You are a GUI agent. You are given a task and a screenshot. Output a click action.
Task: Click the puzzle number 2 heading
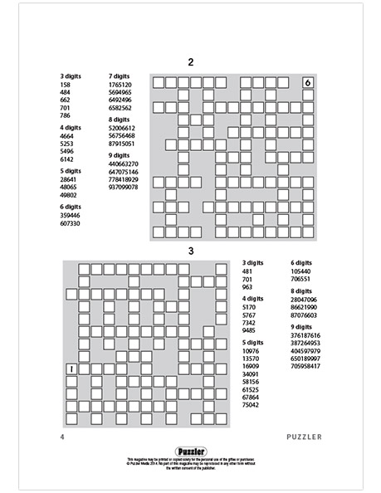pyautogui.click(x=191, y=62)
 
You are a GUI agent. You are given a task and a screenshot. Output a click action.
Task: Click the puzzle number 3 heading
pyautogui.click(x=190, y=250)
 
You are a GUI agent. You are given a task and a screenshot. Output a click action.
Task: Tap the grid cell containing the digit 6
pyautogui.click(x=307, y=83)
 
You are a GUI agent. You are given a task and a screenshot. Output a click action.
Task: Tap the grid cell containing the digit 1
pyautogui.click(x=71, y=369)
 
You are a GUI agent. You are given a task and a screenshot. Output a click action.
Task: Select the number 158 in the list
pyautogui.click(x=66, y=85)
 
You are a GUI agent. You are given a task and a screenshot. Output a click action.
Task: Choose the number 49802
pyautogui.click(x=69, y=195)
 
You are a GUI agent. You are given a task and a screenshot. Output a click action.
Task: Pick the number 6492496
pyautogui.click(x=120, y=100)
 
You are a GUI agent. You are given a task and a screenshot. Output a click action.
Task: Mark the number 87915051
pyautogui.click(x=121, y=143)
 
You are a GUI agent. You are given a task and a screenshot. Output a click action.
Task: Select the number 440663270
pyautogui.click(x=123, y=164)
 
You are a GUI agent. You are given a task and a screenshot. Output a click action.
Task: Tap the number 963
pyautogui.click(x=247, y=286)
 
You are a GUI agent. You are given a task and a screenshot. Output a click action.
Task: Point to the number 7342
pyautogui.click(x=249, y=322)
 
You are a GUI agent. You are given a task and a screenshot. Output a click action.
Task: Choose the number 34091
pyautogui.click(x=251, y=373)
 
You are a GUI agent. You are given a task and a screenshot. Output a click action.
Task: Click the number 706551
pyautogui.click(x=300, y=279)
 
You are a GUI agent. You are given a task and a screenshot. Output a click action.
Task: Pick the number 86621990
pyautogui.click(x=304, y=307)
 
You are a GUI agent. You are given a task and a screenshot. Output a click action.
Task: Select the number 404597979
pyautogui.click(x=305, y=350)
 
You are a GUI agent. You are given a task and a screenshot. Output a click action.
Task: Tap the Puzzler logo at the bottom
pyautogui.click(x=190, y=452)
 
